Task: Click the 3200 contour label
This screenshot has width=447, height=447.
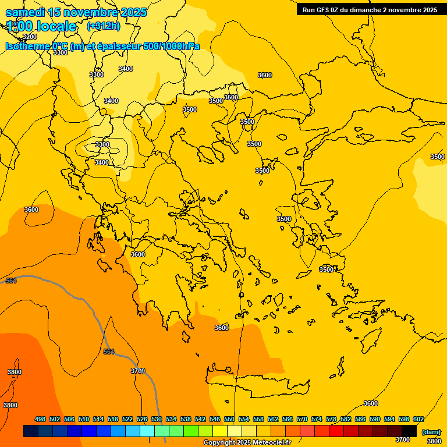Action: coord(29,37)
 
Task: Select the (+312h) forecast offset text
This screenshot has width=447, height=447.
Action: coord(104,26)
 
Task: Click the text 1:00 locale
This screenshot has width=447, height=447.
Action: coord(41,26)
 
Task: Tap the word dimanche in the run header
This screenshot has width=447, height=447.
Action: coord(365,10)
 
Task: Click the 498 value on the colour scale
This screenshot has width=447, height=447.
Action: coord(40,419)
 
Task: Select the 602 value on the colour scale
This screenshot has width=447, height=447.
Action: coord(418,419)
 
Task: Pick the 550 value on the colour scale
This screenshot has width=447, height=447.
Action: coord(229,419)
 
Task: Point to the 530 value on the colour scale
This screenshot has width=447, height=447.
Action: coord(157,419)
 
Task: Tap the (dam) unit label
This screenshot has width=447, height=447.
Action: coord(431,431)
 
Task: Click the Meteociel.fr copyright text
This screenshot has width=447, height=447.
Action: coord(246,443)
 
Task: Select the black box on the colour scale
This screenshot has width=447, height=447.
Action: coord(410,431)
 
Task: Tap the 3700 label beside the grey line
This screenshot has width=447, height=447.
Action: coord(138,371)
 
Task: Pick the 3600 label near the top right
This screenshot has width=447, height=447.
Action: coord(265,75)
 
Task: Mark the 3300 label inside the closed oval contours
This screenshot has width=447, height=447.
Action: coord(102,144)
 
